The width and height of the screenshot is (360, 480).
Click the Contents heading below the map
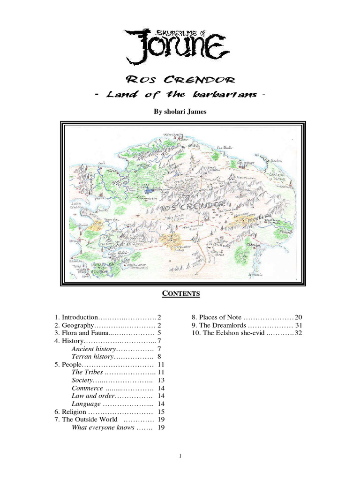pyautogui.click(x=181, y=294)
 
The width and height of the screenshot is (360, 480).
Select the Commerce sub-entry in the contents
pyautogui.click(x=87, y=388)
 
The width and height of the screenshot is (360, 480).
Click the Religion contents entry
pyautogui.click(x=70, y=412)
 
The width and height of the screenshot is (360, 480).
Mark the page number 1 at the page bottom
pyautogui.click(x=180, y=455)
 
